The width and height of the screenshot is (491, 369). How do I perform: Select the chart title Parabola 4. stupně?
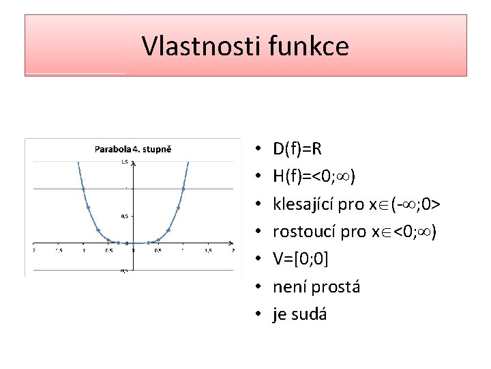pyautogui.click(x=132, y=148)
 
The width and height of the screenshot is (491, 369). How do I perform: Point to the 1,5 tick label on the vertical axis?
pyautogui.click(x=125, y=161)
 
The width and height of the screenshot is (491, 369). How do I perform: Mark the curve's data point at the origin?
pyautogui.click(x=133, y=243)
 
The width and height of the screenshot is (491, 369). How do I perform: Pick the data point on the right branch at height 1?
pyautogui.click(x=183, y=188)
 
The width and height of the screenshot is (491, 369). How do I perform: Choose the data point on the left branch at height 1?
pyautogui.click(x=83, y=188)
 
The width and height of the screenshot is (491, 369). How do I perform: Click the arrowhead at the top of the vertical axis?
pyautogui.click(x=133, y=163)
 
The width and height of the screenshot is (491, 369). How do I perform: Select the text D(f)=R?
pyautogui.click(x=297, y=148)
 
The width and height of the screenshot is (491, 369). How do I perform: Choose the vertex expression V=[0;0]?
pyautogui.click(x=302, y=259)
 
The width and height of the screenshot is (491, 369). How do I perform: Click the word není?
pyautogui.click(x=289, y=287)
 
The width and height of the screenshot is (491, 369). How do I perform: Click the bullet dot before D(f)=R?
pyautogui.click(x=261, y=148)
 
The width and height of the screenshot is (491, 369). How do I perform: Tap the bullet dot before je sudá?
pyautogui.click(x=261, y=314)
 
